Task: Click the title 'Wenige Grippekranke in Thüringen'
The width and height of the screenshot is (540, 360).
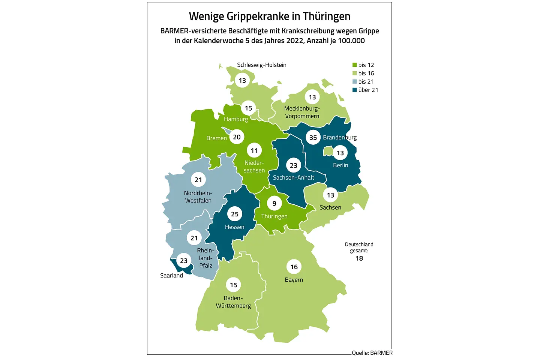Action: pyautogui.click(x=270, y=16)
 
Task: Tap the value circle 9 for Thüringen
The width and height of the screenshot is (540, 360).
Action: pyautogui.click(x=274, y=203)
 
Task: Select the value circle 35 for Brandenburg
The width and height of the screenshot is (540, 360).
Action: pyautogui.click(x=313, y=138)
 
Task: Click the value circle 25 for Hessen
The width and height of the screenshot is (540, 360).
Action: pyautogui.click(x=235, y=214)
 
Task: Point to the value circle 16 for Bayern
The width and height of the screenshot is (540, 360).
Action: pyautogui.click(x=294, y=267)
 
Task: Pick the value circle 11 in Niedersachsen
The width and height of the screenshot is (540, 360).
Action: pyautogui.click(x=254, y=150)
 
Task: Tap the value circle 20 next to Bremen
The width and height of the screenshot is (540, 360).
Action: pyautogui.click(x=237, y=137)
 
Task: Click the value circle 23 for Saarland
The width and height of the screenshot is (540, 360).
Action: pyautogui.click(x=184, y=261)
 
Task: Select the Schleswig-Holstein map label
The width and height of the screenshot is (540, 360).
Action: pyautogui.click(x=262, y=65)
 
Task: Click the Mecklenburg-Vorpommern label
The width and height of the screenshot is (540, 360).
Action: pyautogui.click(x=302, y=112)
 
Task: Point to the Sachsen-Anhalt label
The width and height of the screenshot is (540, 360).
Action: pyautogui.click(x=294, y=177)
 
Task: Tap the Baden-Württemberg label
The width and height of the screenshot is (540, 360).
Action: pyautogui.click(x=233, y=302)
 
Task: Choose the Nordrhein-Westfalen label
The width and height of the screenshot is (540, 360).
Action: pyautogui.click(x=198, y=197)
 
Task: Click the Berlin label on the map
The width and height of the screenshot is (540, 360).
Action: pyautogui.click(x=340, y=165)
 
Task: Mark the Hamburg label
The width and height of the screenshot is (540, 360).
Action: pyautogui.click(x=236, y=119)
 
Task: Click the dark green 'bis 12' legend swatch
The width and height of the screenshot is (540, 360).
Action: pyautogui.click(x=354, y=65)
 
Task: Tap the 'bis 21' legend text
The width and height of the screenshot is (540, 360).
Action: pyautogui.click(x=366, y=82)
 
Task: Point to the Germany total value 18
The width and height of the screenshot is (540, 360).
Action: pyautogui.click(x=359, y=258)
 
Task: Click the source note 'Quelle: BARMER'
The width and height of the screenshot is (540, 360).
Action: pyautogui.click(x=372, y=352)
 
